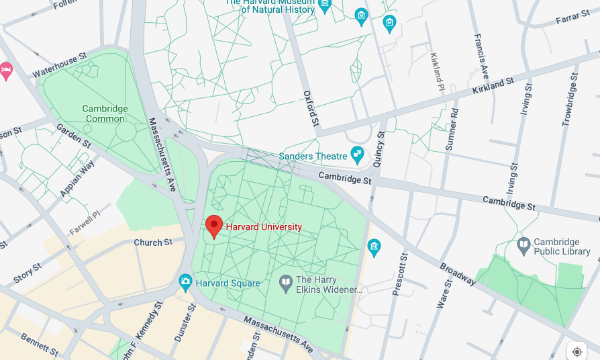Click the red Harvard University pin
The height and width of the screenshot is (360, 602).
214,226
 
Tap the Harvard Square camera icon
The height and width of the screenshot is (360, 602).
186,283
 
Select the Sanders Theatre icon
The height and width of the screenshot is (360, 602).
357,156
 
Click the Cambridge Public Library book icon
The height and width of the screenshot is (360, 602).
523,246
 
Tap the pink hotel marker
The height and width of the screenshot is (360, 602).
6,71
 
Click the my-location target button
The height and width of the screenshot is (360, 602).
576,351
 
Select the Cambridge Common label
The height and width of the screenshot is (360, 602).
105,114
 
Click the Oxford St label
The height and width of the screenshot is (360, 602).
309,109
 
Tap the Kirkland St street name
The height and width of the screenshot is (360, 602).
493,86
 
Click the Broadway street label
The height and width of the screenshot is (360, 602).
458,273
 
